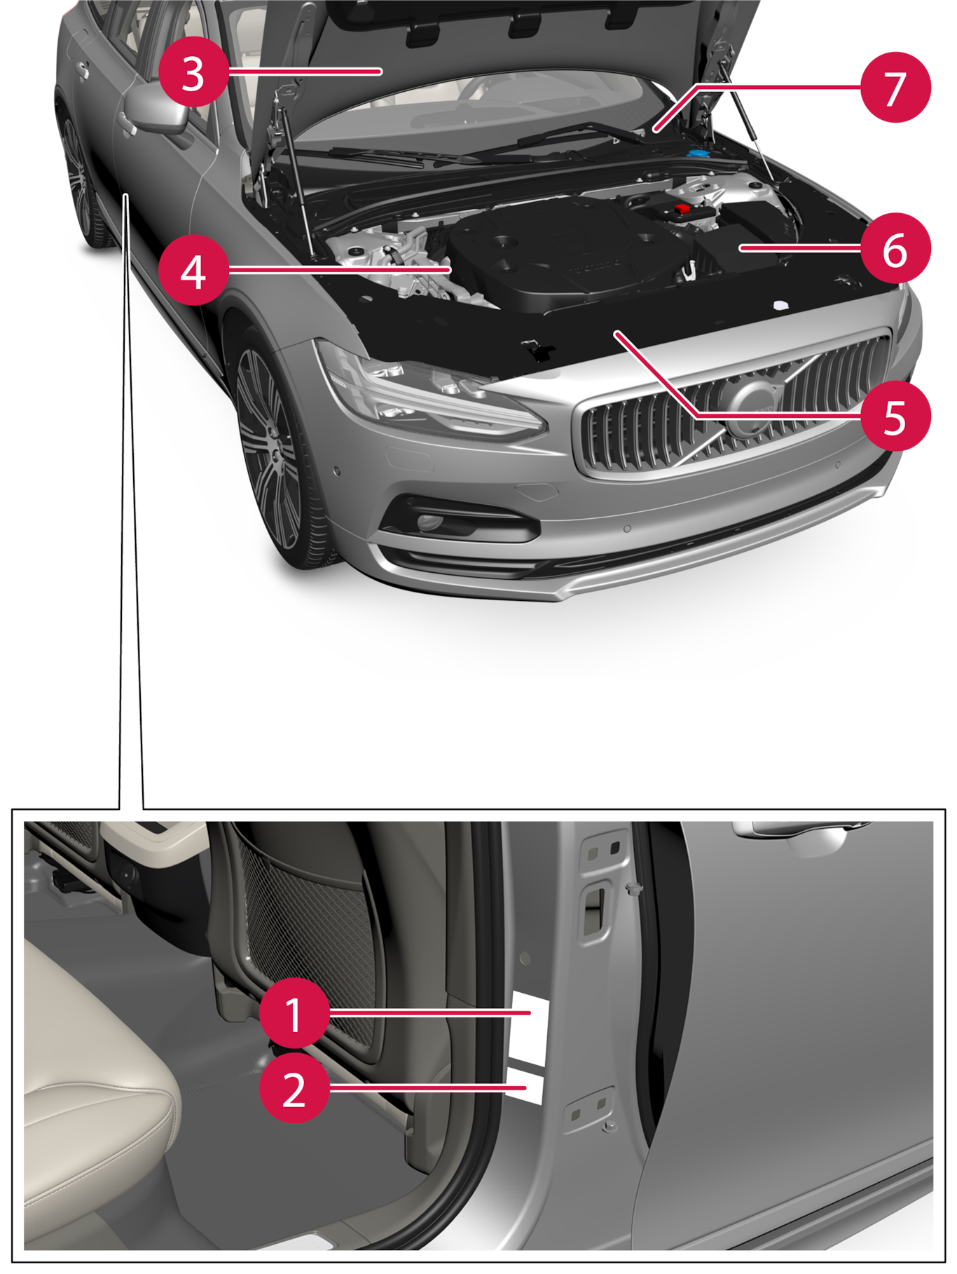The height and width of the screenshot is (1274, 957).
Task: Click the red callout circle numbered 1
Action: coord(294,1012)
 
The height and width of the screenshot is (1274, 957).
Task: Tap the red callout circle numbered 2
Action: coord(294,1087)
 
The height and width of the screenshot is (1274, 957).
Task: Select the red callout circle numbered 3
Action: coord(193,72)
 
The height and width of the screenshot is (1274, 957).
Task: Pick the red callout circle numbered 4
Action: coord(193,270)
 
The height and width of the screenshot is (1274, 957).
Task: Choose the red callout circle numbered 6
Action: coord(895,248)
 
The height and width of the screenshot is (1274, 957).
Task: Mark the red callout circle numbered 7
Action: coord(895,87)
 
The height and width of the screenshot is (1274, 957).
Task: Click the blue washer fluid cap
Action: coord(698,153)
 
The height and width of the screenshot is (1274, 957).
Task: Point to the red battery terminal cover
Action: coord(681,210)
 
